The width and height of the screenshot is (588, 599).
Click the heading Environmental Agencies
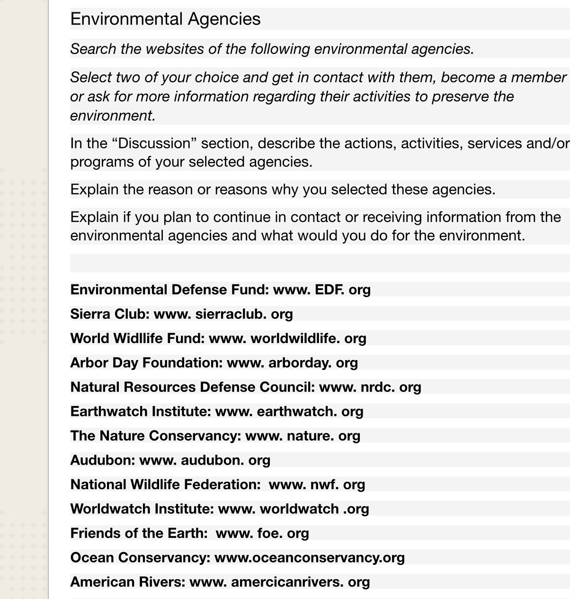(x=165, y=19)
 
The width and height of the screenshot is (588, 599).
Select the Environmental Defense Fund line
(x=220, y=290)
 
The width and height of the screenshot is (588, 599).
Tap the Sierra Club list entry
(x=181, y=314)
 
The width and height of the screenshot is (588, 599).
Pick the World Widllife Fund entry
(x=218, y=338)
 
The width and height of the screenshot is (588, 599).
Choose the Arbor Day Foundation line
(x=214, y=363)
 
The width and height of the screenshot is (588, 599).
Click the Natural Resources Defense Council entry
(x=245, y=387)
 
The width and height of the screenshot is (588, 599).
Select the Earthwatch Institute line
(x=216, y=412)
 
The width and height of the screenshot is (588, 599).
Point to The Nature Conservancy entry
(x=215, y=436)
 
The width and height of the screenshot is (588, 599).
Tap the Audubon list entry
(x=170, y=460)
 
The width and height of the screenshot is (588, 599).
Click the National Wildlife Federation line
(x=217, y=484)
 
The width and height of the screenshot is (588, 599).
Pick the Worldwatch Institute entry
(x=219, y=509)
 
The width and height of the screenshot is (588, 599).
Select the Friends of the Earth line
(x=189, y=533)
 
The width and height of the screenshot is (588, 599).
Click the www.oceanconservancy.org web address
(x=310, y=558)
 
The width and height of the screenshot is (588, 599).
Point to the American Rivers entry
(x=220, y=582)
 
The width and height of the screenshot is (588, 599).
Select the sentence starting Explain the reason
(x=283, y=189)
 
